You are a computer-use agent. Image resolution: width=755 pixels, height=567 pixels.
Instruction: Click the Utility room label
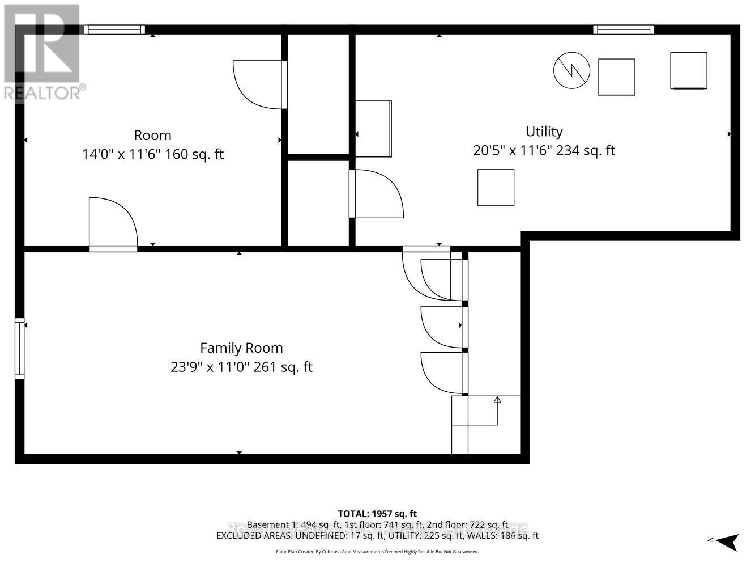click(x=544, y=132)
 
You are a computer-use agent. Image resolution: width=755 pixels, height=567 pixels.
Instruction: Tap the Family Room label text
click(x=241, y=348)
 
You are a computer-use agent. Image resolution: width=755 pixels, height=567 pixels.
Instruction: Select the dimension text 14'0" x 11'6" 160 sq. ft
click(x=152, y=154)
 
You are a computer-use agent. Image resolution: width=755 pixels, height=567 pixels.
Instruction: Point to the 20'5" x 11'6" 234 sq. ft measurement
click(x=544, y=150)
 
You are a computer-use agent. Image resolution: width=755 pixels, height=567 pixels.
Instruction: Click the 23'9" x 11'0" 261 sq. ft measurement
click(x=241, y=367)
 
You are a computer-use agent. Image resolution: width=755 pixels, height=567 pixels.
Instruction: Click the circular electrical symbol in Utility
click(x=571, y=70)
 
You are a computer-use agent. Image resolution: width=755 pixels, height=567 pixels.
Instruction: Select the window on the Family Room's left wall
click(x=20, y=349)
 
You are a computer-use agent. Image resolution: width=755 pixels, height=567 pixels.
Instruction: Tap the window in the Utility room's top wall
click(x=624, y=29)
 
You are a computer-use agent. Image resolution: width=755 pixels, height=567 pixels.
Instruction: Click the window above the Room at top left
click(x=114, y=29)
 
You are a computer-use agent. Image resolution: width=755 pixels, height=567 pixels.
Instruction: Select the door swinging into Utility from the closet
click(x=375, y=194)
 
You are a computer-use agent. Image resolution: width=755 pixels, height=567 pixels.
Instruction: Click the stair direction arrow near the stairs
click(x=497, y=400)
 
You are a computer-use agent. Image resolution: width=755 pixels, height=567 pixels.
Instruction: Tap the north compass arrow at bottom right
click(x=727, y=541)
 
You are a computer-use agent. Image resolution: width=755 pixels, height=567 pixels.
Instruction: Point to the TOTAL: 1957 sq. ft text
click(x=377, y=514)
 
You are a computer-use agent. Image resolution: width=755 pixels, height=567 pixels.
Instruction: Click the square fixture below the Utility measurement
click(x=496, y=187)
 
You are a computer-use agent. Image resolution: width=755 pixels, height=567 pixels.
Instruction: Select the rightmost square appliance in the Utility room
click(x=688, y=70)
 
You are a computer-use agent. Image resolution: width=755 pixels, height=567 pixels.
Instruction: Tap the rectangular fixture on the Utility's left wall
click(x=373, y=129)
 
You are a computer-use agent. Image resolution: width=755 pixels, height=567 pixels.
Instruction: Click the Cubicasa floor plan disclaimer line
click(x=377, y=551)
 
